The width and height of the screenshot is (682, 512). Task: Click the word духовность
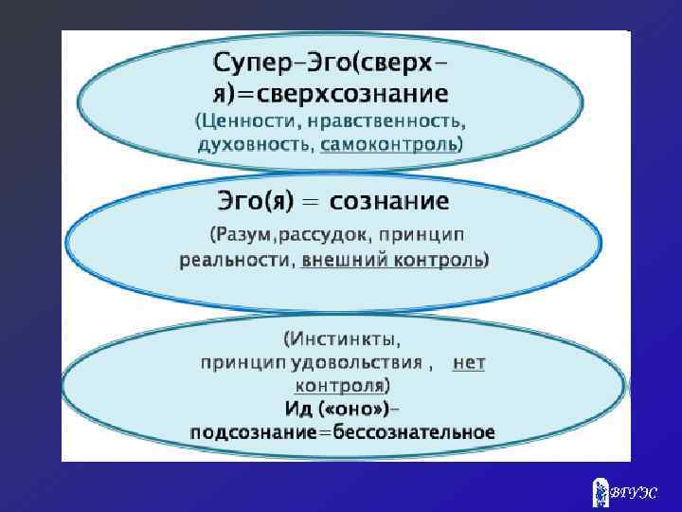pos(255,145)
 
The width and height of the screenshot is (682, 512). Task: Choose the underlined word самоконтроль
pos(389,145)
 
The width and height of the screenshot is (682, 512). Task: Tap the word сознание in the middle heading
pos(397,202)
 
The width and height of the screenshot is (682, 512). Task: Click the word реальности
pos(235,259)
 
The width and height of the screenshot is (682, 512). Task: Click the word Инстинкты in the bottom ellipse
pos(347,338)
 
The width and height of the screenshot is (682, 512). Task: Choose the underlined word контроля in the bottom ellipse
pos(339,386)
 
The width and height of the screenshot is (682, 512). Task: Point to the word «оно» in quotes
pos(350,409)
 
